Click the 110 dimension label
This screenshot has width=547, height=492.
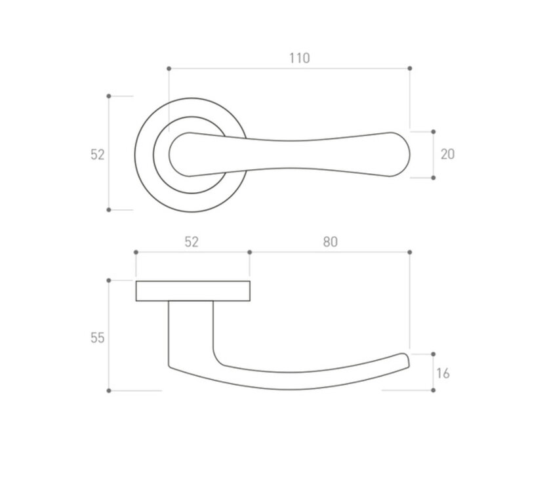299,58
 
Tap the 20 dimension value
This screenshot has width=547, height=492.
447,154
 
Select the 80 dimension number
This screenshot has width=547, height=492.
331,241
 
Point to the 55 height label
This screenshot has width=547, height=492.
97,338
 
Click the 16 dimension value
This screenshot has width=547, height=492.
443,373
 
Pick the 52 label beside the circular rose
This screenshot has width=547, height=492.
97,154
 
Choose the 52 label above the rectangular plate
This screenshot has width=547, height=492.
191,241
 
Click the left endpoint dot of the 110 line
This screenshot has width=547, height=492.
169,68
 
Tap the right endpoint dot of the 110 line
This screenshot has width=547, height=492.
409,68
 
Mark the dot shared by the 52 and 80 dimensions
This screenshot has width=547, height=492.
249,252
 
